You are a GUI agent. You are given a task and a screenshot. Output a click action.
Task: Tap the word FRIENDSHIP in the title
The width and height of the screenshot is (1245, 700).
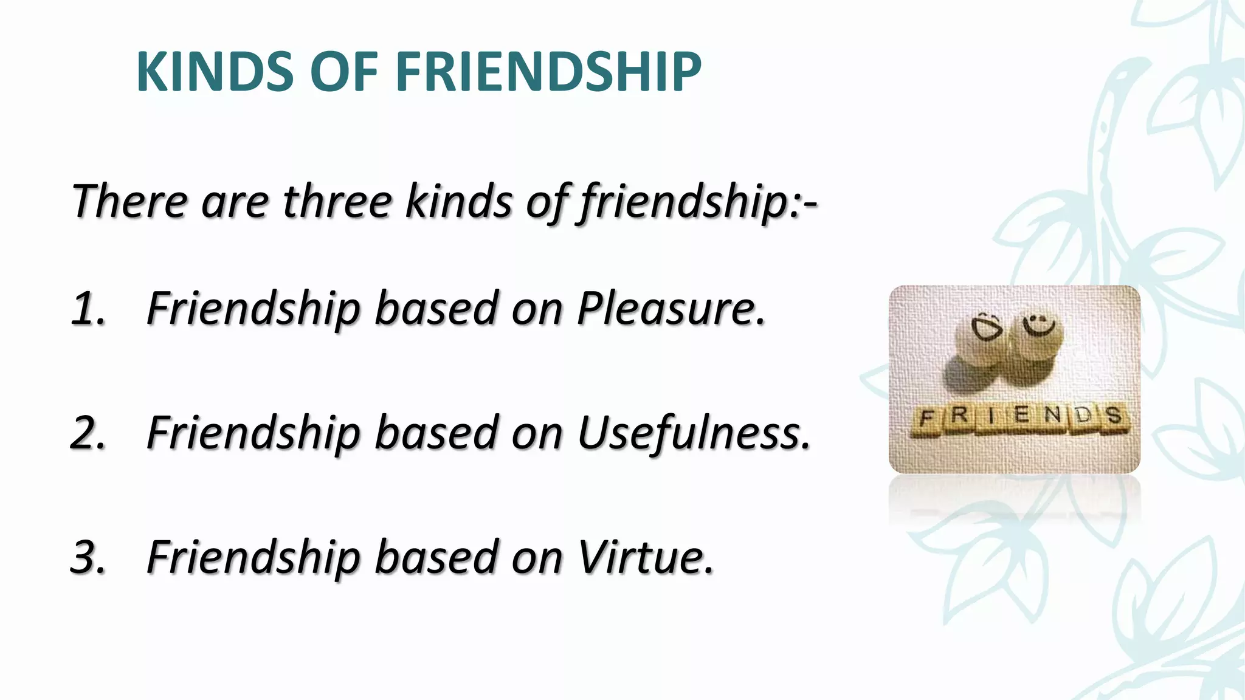click(x=548, y=72)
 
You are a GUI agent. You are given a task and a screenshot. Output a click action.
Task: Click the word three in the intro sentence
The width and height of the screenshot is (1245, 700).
click(x=337, y=201)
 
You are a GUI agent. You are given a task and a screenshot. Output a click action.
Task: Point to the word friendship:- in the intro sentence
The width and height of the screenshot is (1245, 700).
click(x=698, y=202)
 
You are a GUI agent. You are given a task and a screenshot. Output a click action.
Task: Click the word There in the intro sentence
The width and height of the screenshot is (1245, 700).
click(x=129, y=201)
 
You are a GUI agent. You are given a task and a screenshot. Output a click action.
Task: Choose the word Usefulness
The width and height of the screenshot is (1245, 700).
click(x=694, y=433)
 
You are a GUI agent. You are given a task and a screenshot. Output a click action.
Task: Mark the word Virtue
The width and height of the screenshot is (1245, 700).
click(x=645, y=557)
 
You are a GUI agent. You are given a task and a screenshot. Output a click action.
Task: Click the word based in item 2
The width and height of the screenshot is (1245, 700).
click(x=436, y=433)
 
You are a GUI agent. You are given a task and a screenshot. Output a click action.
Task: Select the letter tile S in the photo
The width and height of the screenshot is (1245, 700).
click(x=1114, y=417)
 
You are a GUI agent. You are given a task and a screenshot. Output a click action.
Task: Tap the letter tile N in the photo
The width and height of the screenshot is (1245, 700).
click(x=1054, y=416)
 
